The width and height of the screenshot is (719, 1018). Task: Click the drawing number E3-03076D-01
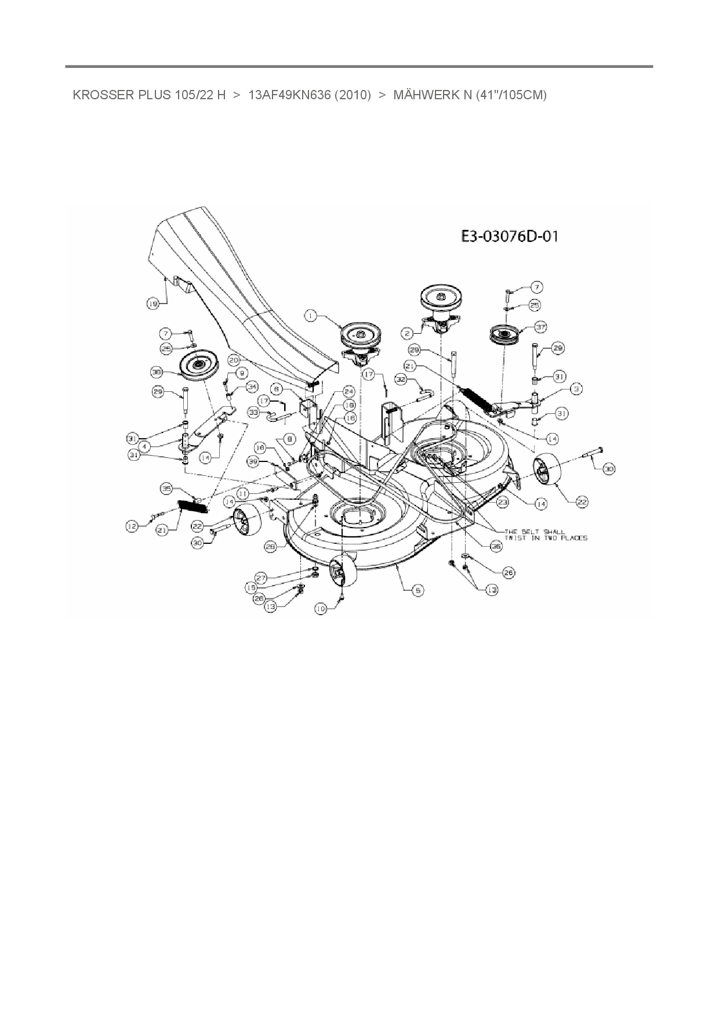point(510,236)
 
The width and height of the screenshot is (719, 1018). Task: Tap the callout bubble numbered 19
point(152,303)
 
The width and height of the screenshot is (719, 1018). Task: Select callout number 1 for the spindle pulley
point(311,316)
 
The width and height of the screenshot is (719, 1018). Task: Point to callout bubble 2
point(408,333)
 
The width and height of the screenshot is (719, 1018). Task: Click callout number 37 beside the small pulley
point(540,328)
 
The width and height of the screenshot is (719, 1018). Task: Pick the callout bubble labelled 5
point(417,590)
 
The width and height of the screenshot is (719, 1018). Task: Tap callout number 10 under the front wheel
point(321,608)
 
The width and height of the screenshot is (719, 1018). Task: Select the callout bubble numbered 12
point(133,526)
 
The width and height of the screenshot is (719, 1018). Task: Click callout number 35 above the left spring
point(166,489)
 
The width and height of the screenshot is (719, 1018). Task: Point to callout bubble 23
point(502,501)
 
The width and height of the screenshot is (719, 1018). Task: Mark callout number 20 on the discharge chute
point(234,360)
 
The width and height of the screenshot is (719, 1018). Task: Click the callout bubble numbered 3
point(575,389)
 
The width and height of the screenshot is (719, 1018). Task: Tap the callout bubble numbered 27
point(261,578)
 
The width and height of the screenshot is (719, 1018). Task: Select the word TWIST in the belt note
point(517,538)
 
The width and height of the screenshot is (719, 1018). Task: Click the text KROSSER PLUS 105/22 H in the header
point(149,95)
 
